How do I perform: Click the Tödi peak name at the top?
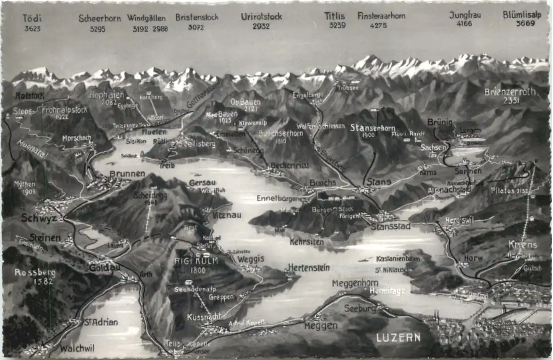click(32, 18)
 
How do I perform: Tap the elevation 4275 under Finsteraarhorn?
click(378, 25)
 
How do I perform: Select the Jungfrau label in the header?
click(465, 15)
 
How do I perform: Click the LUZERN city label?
click(398, 338)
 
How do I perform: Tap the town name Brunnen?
click(127, 174)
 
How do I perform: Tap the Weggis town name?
click(251, 259)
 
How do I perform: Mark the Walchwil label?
click(77, 348)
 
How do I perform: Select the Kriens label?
click(523, 245)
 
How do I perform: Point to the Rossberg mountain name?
click(34, 272)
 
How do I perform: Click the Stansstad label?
click(390, 226)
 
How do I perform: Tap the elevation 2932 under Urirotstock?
click(261, 26)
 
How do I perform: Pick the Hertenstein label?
click(308, 268)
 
